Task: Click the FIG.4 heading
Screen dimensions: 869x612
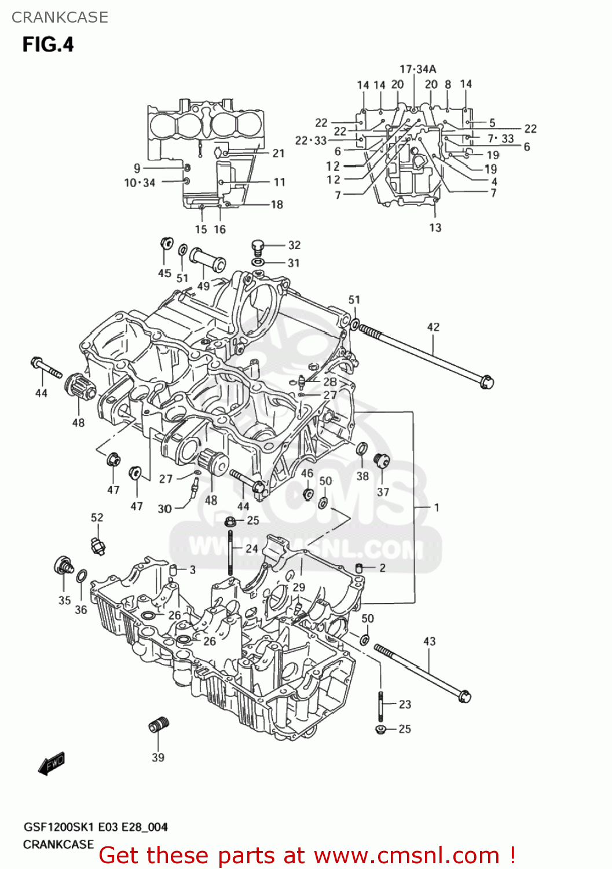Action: (48, 45)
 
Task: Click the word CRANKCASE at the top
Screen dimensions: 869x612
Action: (60, 17)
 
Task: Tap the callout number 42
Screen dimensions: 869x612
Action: (433, 327)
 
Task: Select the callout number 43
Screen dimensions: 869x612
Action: (429, 641)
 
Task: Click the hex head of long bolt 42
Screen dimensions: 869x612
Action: (486, 382)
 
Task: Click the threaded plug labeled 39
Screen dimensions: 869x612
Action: (158, 725)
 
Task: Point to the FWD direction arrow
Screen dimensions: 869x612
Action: (52, 764)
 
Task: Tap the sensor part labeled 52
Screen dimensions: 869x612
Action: (97, 546)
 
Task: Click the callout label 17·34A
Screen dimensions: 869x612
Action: (417, 69)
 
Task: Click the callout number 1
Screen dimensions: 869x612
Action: (437, 507)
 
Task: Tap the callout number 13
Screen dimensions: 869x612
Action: (435, 228)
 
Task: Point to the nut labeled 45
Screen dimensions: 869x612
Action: (166, 243)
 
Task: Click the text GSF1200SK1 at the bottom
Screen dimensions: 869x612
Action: (58, 827)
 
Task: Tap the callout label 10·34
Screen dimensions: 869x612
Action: (140, 183)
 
